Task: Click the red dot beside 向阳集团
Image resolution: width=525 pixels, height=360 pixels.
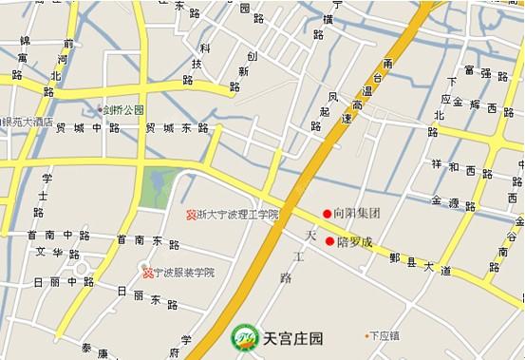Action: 328,214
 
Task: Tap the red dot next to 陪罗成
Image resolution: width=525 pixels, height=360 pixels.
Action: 329,241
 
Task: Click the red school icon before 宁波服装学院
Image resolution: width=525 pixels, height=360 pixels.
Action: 147,274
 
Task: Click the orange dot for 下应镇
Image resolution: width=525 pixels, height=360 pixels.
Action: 366,335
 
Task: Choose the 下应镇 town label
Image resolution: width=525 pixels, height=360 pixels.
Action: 384,335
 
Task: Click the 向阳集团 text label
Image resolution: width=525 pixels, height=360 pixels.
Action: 357,214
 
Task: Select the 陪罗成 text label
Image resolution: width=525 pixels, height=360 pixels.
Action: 354,241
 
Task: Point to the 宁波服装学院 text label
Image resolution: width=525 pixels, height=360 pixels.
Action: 183,274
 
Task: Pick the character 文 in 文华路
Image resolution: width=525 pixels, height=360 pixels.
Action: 42,254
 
